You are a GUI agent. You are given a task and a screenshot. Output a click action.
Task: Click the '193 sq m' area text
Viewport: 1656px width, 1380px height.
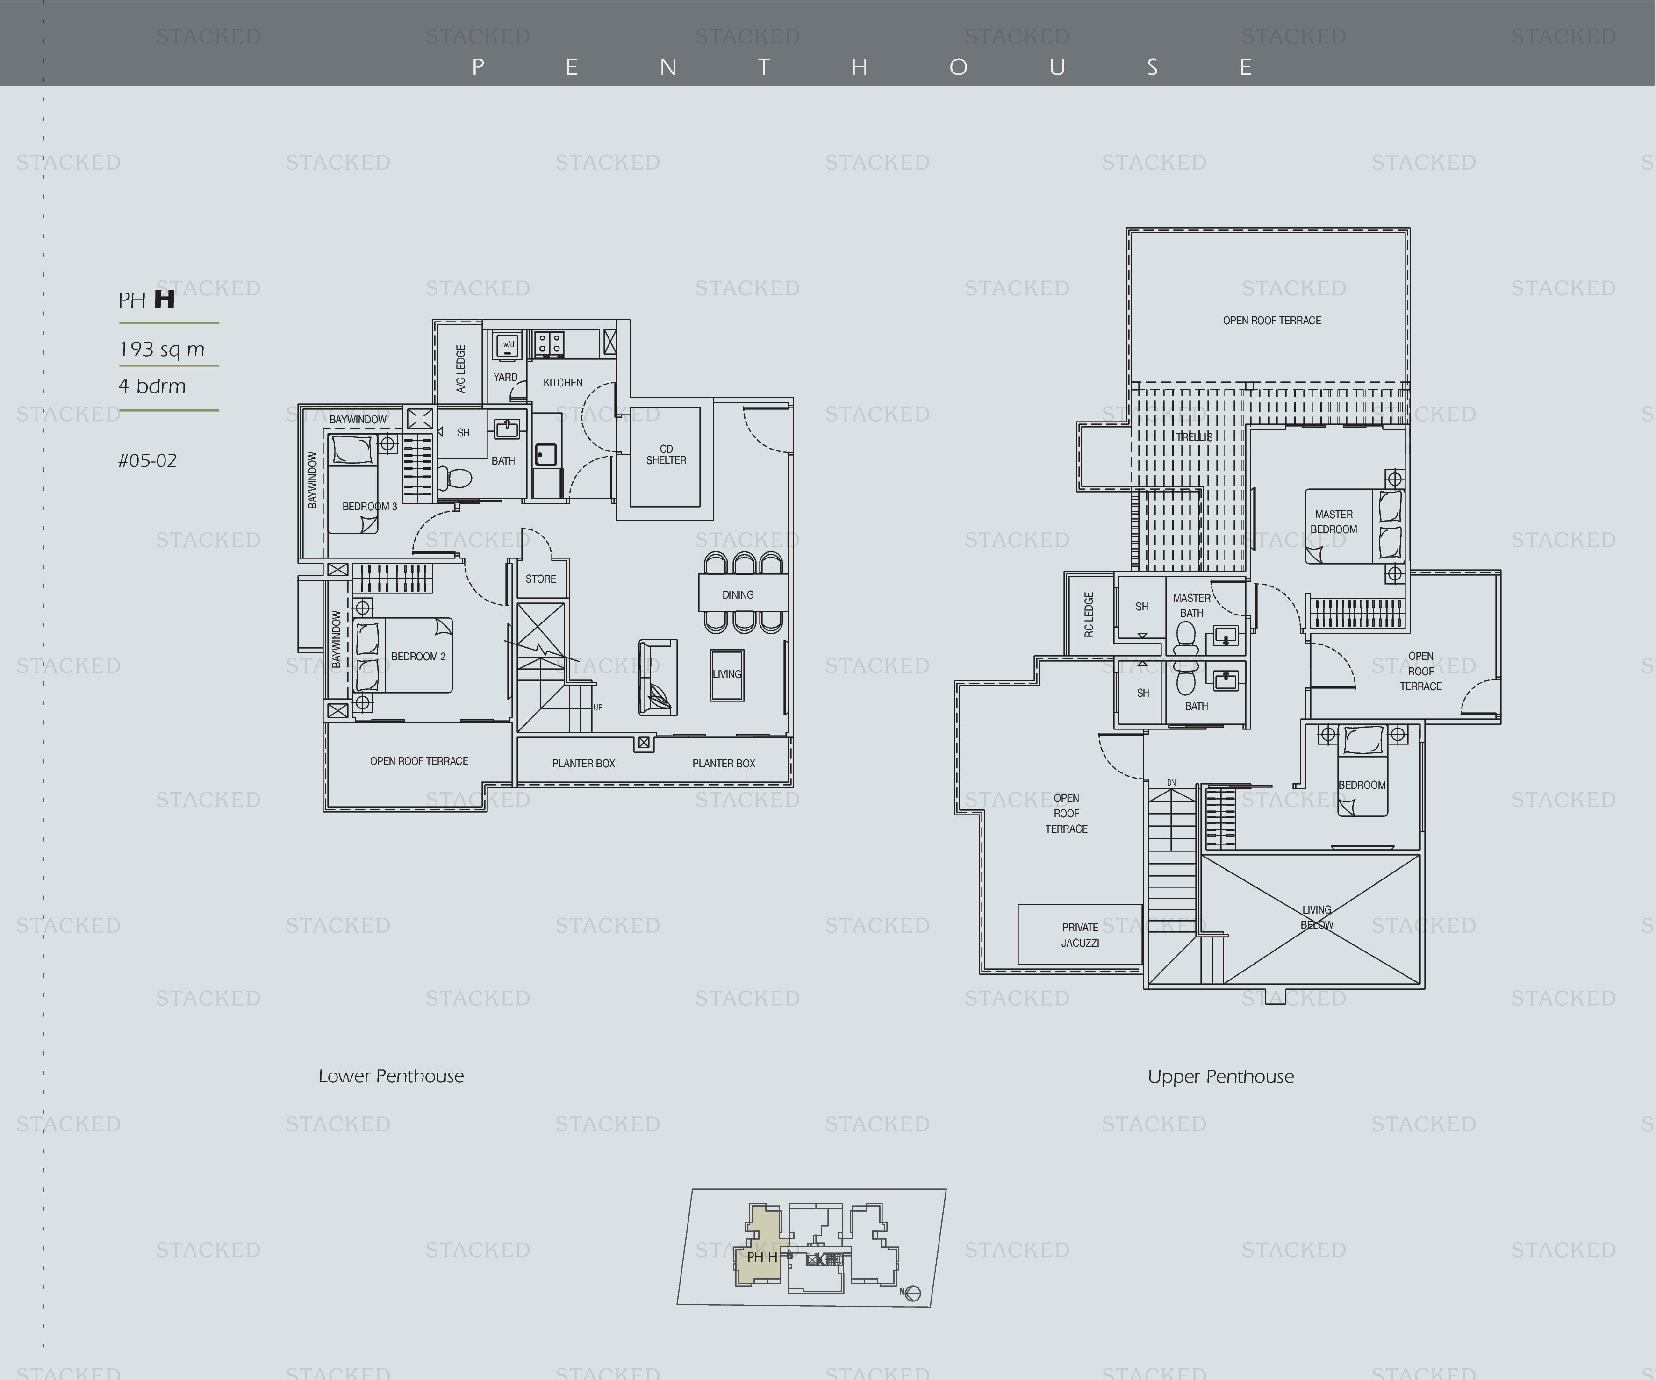(162, 350)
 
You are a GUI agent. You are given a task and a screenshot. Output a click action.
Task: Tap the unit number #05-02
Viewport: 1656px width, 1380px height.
(147, 460)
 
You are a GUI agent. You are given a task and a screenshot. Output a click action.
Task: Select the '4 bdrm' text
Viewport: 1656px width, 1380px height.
(152, 386)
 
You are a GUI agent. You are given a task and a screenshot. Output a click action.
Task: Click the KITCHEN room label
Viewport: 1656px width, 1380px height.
(563, 382)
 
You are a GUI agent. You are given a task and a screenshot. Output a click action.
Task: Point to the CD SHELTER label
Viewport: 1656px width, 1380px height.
(667, 455)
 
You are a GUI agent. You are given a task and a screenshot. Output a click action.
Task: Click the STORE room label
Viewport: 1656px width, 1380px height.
(541, 579)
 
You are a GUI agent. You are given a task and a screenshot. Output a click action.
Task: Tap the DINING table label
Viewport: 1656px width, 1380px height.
(738, 594)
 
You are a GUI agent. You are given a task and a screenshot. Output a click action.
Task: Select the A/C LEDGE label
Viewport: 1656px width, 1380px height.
(460, 368)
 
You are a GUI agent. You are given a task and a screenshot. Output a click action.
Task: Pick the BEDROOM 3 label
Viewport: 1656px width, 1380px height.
(370, 506)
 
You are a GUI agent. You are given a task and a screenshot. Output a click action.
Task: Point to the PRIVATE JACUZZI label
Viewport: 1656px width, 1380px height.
(1080, 935)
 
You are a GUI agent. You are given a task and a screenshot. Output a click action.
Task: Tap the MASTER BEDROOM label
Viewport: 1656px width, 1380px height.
(1333, 522)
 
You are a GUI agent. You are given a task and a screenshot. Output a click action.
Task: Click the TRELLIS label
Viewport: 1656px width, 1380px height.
(1195, 437)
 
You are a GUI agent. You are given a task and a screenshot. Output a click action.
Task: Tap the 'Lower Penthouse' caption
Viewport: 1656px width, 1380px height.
(391, 1076)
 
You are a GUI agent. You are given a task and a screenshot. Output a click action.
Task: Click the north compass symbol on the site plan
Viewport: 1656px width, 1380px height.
(912, 1293)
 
